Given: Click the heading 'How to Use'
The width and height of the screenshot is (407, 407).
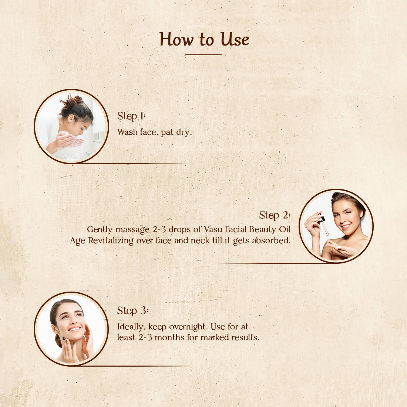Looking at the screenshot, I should [204, 39].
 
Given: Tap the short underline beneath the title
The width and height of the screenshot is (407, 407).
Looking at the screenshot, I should [203, 55].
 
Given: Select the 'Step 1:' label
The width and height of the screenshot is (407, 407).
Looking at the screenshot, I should [131, 116].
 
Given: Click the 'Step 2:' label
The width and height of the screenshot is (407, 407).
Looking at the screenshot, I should [275, 215].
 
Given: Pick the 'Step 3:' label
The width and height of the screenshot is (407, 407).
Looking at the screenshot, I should [132, 311].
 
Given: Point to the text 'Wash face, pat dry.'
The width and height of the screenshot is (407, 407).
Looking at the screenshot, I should [154, 132].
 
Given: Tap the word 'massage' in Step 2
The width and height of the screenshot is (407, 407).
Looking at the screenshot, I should [132, 230].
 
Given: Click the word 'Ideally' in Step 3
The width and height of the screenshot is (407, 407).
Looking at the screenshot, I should [130, 327].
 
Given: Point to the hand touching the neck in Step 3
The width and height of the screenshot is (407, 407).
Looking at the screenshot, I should [88, 342].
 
